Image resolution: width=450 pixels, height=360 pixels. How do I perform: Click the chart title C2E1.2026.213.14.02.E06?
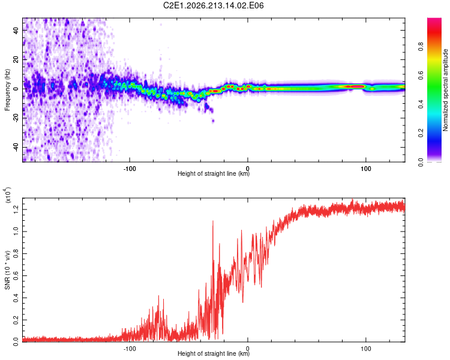click(x=213, y=5)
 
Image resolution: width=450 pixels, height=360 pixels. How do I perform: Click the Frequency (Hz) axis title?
click(x=7, y=90)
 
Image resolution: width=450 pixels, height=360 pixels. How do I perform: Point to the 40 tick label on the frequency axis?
click(x=16, y=30)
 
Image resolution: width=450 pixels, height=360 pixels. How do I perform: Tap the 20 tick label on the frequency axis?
click(x=16, y=60)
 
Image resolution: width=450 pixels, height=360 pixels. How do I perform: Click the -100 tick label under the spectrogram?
click(x=130, y=169)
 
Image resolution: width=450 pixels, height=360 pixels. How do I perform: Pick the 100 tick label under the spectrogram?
click(x=366, y=169)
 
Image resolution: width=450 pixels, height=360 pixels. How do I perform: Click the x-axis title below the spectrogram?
click(x=214, y=173)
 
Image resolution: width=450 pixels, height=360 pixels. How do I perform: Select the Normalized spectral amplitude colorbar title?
click(x=445, y=90)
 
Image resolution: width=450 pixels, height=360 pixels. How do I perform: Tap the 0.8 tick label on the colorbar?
click(x=421, y=47)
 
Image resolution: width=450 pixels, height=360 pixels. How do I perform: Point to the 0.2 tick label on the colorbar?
click(x=421, y=133)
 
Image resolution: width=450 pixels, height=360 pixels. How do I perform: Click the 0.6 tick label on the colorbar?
click(x=421, y=76)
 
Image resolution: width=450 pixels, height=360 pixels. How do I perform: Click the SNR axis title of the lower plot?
click(x=7, y=270)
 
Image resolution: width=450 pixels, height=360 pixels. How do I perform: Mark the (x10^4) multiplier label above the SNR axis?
click(x=8, y=195)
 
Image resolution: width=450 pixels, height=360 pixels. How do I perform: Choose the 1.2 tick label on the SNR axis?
click(x=16, y=209)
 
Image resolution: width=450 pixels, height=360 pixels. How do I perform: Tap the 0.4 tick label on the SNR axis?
click(x=16, y=298)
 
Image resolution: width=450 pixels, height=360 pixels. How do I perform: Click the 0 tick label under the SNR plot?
click(x=248, y=349)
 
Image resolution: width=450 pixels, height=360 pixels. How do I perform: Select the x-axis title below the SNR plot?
click(x=214, y=353)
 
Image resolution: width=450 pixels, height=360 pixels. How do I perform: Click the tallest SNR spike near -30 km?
click(x=212, y=221)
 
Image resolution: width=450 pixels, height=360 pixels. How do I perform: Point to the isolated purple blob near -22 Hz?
click(x=213, y=121)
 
